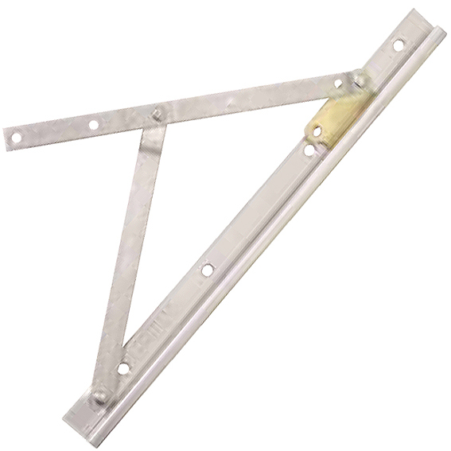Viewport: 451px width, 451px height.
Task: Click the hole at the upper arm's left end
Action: click(14, 138)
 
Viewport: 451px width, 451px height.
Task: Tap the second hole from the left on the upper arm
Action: click(94, 125)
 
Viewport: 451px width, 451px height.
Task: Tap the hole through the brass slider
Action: click(316, 131)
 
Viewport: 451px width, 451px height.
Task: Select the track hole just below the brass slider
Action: click(307, 149)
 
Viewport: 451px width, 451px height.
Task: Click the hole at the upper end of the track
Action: click(398, 45)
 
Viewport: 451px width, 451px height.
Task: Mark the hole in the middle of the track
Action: click(208, 269)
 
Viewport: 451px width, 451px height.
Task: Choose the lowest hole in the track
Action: click(122, 367)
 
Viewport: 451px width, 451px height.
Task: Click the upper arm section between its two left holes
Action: click(53, 131)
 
